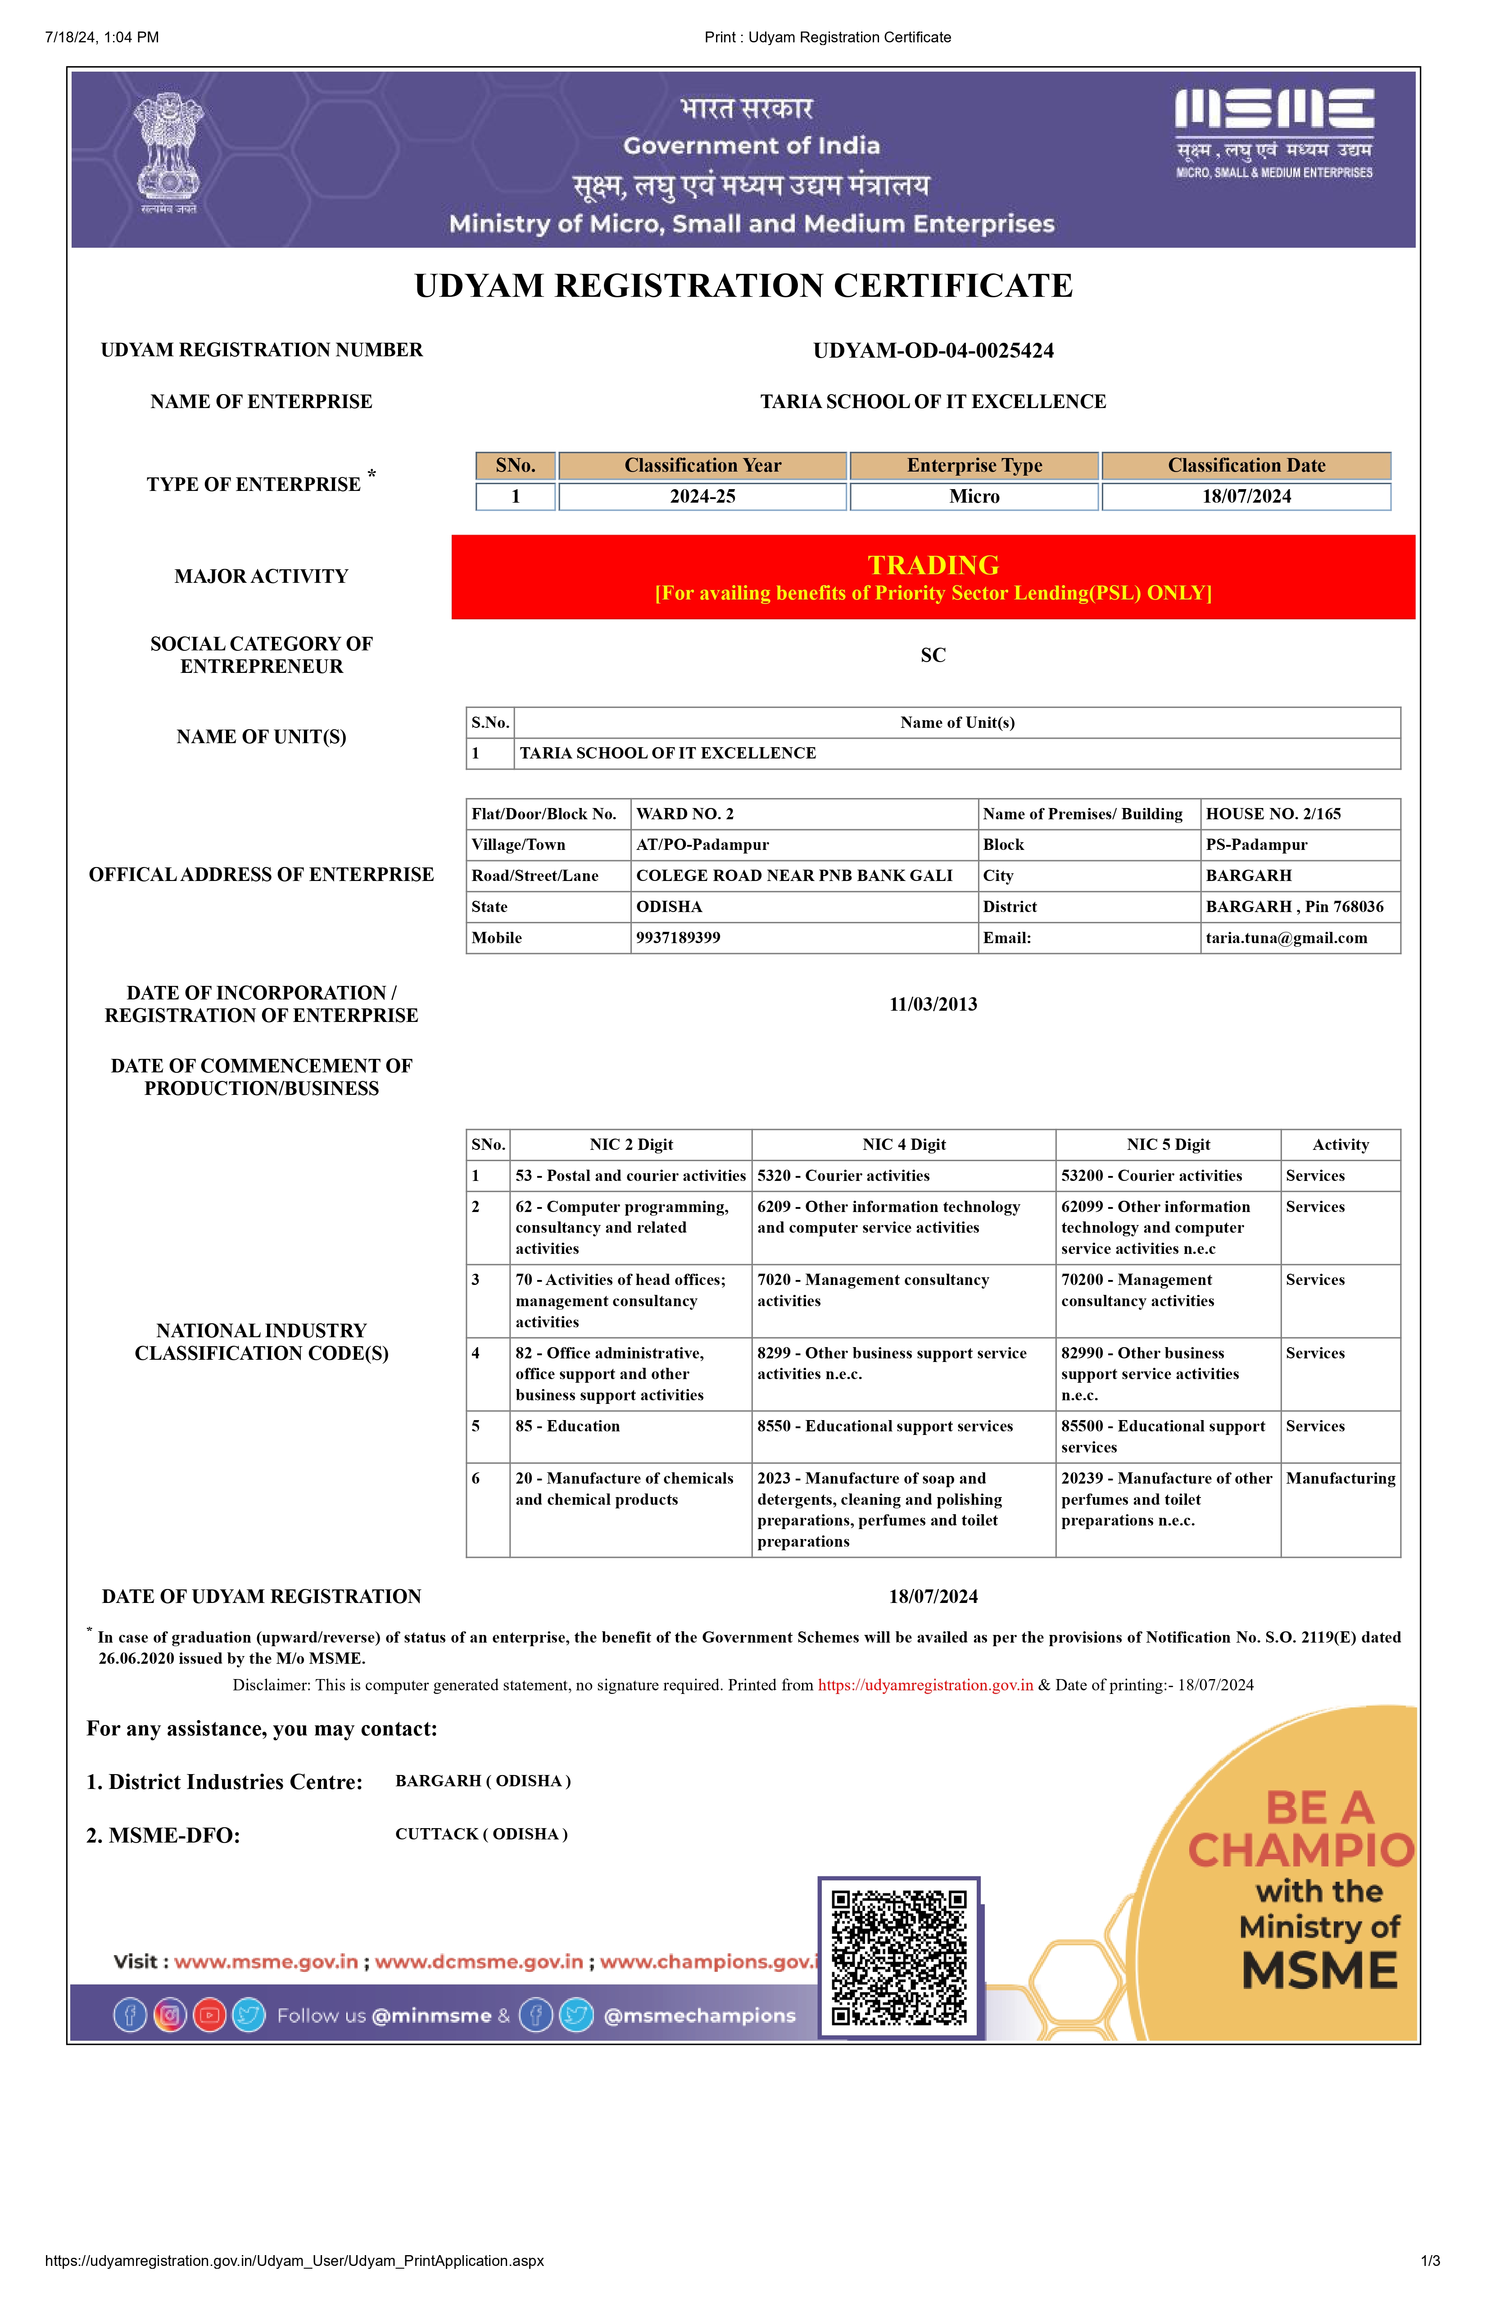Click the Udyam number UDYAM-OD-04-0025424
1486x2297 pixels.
coord(933,350)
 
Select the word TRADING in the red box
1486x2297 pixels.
coord(933,565)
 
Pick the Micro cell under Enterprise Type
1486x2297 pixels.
coord(974,496)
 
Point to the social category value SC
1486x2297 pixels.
coord(933,655)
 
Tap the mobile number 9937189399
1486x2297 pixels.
coord(678,937)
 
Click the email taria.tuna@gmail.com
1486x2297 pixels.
coord(1286,937)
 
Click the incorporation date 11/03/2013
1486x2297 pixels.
coord(933,1004)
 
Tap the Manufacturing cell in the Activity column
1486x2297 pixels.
coord(1340,1478)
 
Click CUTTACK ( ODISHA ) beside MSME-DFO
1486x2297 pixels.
coord(481,1834)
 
